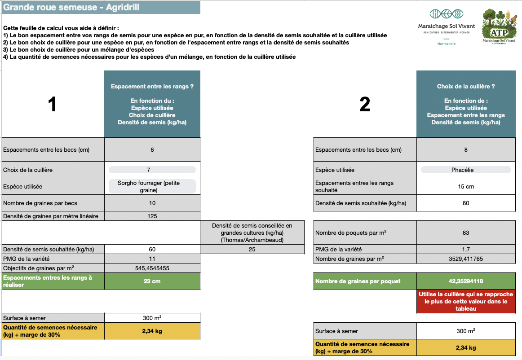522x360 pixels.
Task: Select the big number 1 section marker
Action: [53, 105]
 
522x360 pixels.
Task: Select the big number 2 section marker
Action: [365, 105]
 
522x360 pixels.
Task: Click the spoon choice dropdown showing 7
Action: [152, 170]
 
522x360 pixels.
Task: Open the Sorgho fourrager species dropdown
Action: [152, 186]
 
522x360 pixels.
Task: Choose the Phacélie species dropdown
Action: [465, 170]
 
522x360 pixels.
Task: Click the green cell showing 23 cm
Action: [152, 281]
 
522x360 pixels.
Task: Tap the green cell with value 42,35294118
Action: [465, 281]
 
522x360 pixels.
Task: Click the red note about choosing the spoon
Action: [465, 301]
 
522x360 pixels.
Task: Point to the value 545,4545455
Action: [152, 268]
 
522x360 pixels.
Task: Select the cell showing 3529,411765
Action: [465, 259]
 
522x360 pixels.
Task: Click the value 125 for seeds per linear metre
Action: [152, 216]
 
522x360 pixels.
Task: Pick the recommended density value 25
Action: [252, 249]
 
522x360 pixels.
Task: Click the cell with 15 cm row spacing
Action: [465, 186]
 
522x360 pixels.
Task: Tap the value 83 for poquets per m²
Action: [465, 233]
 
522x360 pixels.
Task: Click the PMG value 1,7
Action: [465, 249]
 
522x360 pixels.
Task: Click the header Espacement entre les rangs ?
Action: [152, 86]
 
